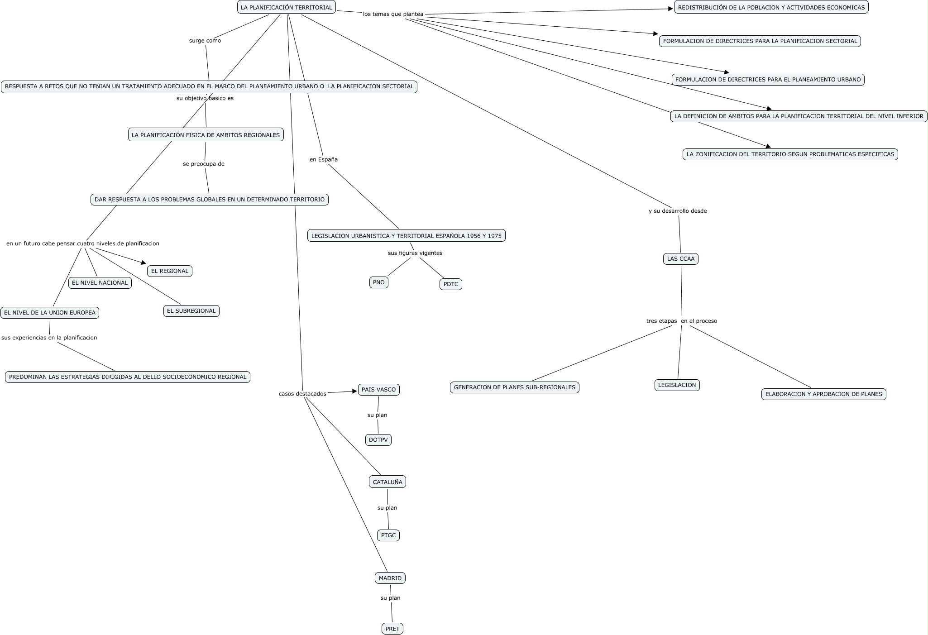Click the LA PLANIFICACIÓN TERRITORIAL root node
(286, 7)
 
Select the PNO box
(378, 282)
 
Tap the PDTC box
(450, 284)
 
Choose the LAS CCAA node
(680, 259)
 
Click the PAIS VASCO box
(378, 390)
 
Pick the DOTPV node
(378, 440)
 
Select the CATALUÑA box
(387, 482)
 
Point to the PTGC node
(388, 535)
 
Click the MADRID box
(390, 578)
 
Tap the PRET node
(392, 629)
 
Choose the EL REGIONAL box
(169, 271)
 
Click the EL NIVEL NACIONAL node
(100, 283)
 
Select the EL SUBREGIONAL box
(191, 311)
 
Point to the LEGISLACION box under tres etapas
(677, 385)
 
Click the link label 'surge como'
(205, 41)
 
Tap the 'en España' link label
(323, 159)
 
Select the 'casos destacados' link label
(302, 394)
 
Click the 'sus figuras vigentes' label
(415, 253)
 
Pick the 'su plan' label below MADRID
(390, 598)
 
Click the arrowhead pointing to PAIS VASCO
(355, 392)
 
